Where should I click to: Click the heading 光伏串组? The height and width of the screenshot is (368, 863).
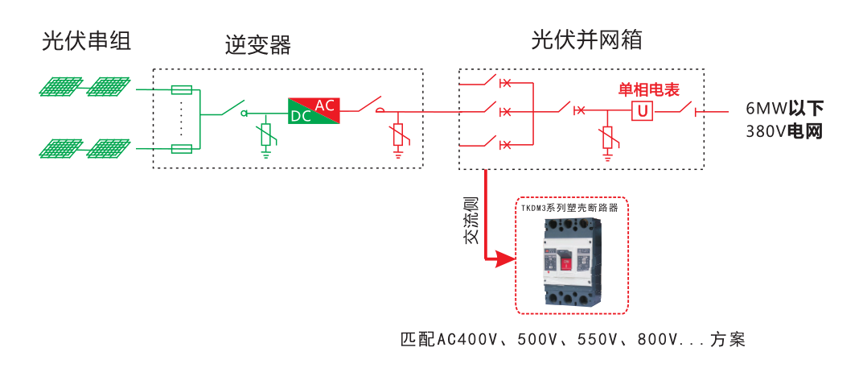click(85, 41)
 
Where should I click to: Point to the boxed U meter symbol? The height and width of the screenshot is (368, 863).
click(642, 111)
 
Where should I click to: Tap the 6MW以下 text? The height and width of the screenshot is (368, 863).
click(784, 109)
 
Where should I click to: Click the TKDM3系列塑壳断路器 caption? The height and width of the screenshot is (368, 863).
click(569, 208)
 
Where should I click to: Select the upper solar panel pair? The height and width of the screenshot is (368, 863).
click(84, 87)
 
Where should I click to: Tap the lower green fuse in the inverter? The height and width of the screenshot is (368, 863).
click(183, 148)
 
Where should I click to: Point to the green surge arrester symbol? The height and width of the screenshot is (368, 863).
click(266, 136)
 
